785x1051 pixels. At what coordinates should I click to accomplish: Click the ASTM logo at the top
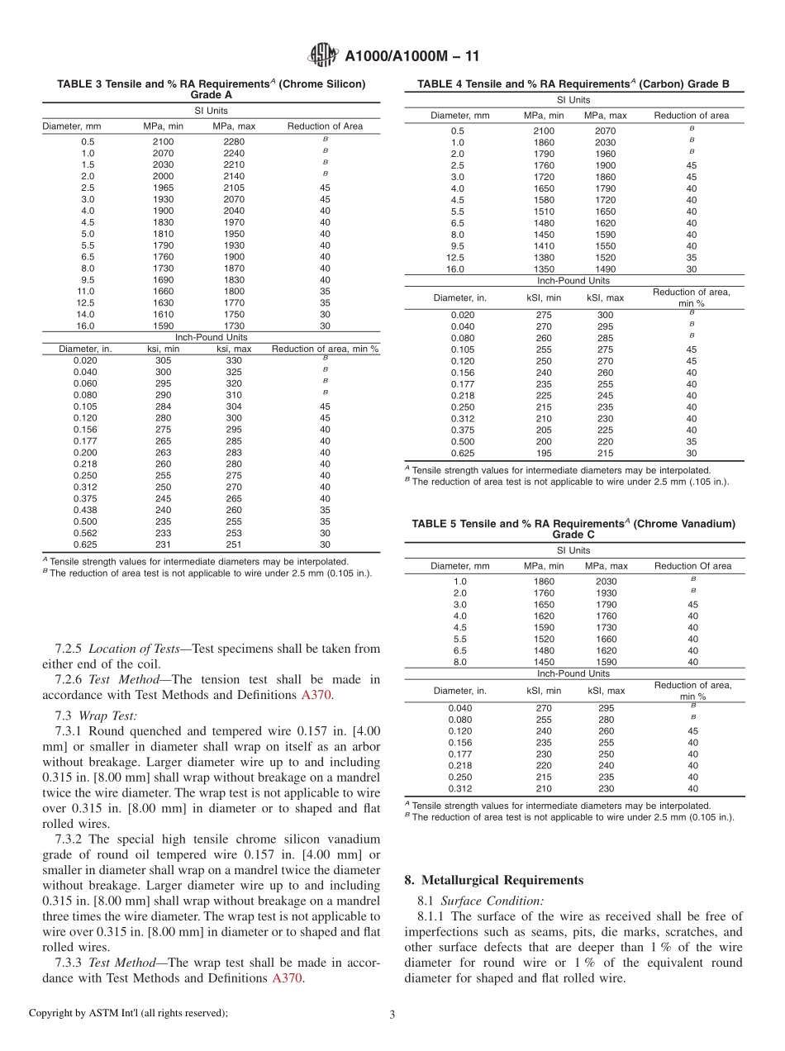click(x=322, y=55)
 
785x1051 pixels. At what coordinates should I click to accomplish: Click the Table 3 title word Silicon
click(x=344, y=84)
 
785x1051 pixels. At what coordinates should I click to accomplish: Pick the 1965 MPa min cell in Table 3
click(x=163, y=188)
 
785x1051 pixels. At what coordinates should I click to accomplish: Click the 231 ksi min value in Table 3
click(x=163, y=545)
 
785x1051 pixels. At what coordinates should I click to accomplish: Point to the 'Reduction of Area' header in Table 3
click(x=325, y=126)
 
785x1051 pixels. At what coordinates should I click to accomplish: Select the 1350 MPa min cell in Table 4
click(x=545, y=269)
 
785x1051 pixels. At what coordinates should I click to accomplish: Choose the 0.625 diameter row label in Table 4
click(x=463, y=453)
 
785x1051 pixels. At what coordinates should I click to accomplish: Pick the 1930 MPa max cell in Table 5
click(x=606, y=592)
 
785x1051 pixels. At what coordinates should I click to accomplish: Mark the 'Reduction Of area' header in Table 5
click(x=692, y=566)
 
